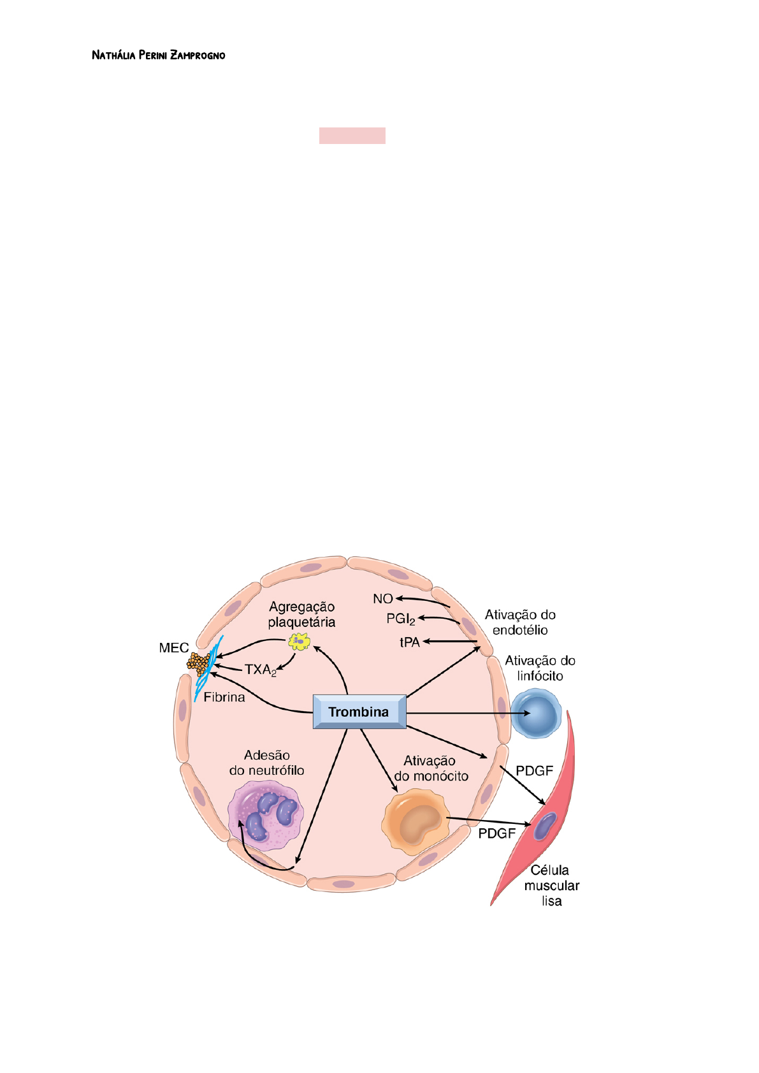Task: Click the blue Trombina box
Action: point(359,712)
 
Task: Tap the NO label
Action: point(382,599)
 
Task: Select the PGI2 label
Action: point(401,619)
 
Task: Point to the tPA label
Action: point(410,642)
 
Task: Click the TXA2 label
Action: point(260,670)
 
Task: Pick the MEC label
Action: point(173,648)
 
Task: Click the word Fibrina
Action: point(224,697)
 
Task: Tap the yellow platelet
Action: point(299,641)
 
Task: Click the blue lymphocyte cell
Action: point(537,714)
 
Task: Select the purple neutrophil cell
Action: point(266,816)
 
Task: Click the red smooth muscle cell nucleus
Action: point(545,826)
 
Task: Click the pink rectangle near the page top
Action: point(352,136)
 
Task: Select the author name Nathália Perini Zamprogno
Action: point(158,55)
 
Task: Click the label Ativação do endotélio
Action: point(520,623)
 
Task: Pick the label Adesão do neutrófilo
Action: point(267,763)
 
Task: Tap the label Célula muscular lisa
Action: point(551,886)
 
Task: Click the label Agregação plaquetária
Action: point(301,614)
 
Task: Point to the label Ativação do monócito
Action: point(431,768)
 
